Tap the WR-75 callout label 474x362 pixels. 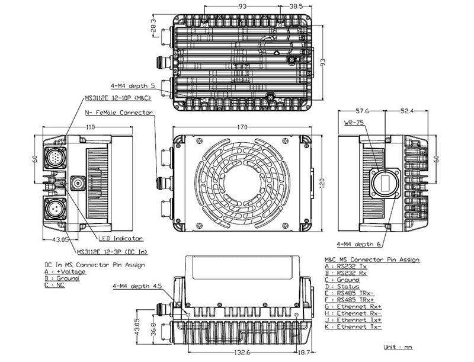[354, 124]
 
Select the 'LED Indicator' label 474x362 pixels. [120, 239]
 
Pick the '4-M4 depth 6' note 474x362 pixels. [359, 244]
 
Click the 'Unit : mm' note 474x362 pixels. [398, 347]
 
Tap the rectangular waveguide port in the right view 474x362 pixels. [385, 181]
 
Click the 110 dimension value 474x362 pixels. [91, 127]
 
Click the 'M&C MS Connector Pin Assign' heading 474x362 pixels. [372, 260]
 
